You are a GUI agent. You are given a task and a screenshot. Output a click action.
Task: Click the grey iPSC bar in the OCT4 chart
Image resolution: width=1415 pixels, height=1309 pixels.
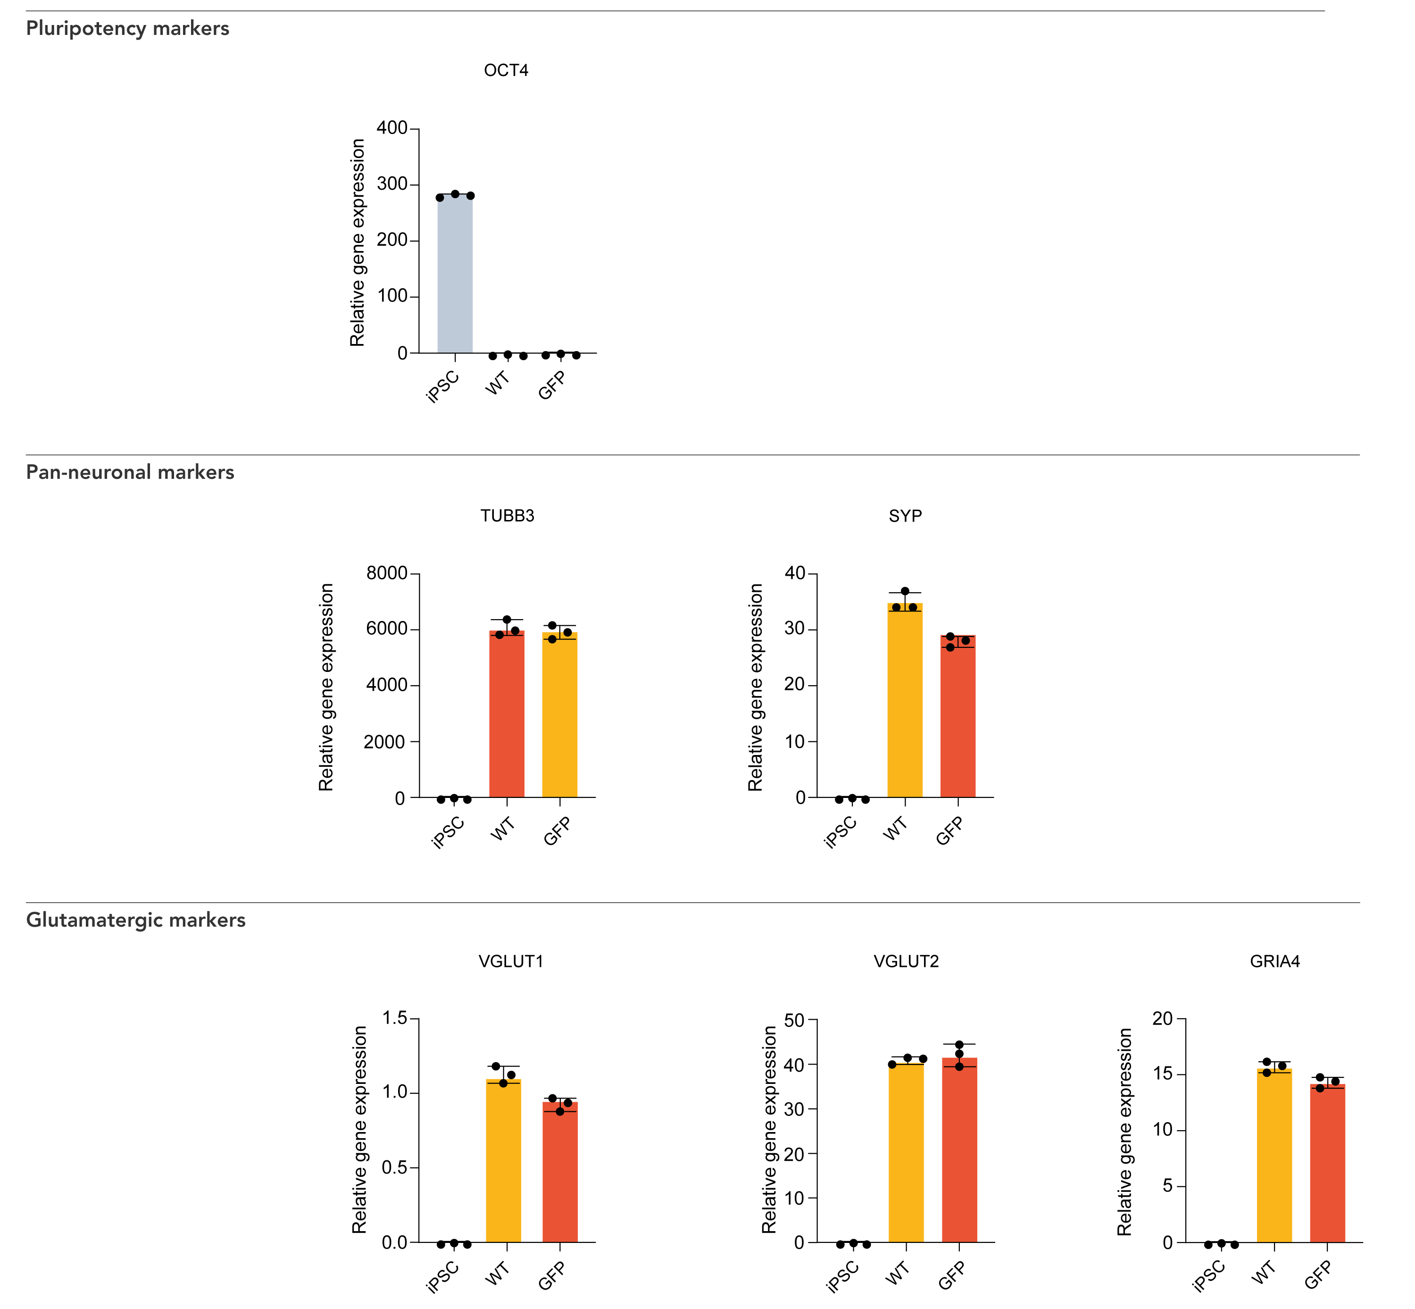tap(454, 276)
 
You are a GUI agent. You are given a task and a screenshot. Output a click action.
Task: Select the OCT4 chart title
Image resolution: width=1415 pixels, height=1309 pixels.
tap(506, 71)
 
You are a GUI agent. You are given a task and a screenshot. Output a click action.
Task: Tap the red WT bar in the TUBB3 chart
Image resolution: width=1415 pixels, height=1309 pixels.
tap(507, 715)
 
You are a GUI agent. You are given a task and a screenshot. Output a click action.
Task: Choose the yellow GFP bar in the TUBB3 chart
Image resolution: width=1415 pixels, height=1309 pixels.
tap(559, 715)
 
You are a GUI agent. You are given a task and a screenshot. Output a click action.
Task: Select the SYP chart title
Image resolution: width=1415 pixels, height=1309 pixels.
tap(905, 516)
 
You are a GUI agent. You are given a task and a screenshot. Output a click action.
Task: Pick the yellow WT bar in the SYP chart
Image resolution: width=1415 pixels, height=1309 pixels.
tap(905, 701)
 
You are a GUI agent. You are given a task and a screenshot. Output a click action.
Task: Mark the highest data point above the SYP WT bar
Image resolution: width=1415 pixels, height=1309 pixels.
tap(905, 591)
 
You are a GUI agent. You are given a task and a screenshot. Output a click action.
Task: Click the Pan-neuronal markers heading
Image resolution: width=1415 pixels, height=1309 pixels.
tap(130, 472)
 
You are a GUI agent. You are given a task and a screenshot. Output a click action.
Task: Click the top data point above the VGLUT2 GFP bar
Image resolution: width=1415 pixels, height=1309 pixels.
tap(959, 1045)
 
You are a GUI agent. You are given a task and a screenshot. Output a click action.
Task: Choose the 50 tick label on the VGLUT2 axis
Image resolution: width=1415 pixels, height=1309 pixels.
tap(794, 1021)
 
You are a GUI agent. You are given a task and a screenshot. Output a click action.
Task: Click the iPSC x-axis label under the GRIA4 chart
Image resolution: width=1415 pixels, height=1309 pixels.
tap(1208, 1277)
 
